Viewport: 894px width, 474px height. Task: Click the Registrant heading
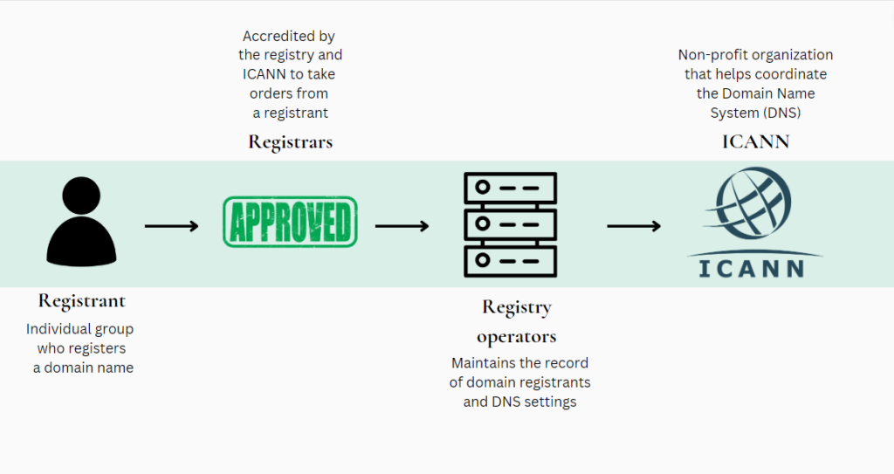[81, 301]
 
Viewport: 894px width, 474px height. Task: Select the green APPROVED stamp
[290, 222]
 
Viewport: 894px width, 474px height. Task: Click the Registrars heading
[290, 141]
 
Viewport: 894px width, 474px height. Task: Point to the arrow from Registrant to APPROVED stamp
[172, 226]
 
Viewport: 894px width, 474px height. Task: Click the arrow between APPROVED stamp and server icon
[402, 226]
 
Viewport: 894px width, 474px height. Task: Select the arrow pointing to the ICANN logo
[634, 226]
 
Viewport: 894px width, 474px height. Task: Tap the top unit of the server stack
[511, 188]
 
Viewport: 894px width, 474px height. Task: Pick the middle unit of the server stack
[511, 223]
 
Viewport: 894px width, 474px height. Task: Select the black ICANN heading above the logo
[755, 141]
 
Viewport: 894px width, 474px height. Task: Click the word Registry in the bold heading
[516, 308]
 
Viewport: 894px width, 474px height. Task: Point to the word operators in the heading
[516, 337]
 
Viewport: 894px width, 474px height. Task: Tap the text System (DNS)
[755, 113]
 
